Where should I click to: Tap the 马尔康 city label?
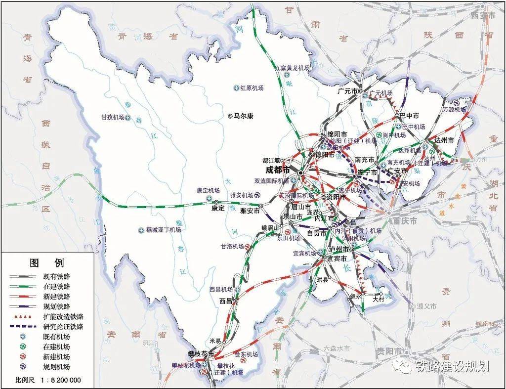(x=243, y=116)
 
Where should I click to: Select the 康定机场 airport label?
(x=208, y=190)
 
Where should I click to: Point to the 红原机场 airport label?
(x=252, y=88)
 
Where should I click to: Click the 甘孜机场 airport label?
(x=112, y=117)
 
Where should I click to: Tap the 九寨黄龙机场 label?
(x=293, y=68)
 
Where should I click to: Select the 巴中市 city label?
(x=409, y=116)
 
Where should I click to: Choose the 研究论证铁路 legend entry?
(x=63, y=327)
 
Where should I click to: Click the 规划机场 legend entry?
(x=56, y=367)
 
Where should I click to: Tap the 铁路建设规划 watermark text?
(x=452, y=366)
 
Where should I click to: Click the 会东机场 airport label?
(x=246, y=354)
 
